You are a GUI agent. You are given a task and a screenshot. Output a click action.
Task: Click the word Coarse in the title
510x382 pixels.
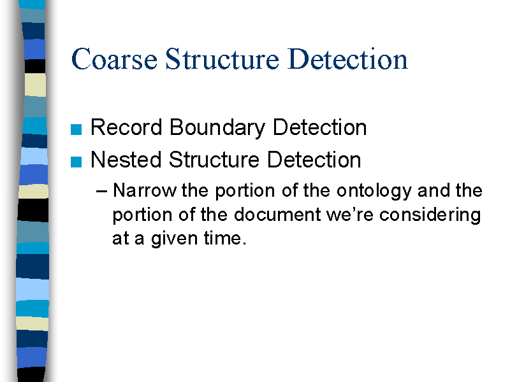point(114,59)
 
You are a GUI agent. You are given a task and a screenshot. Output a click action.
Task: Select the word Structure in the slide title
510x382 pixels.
point(222,59)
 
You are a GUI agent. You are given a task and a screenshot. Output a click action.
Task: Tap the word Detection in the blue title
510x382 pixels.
point(347,59)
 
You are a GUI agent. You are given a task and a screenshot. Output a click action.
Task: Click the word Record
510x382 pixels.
point(126,127)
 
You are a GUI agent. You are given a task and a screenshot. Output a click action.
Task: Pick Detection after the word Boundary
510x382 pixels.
point(320,127)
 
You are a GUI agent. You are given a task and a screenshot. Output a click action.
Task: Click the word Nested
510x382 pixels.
point(126,160)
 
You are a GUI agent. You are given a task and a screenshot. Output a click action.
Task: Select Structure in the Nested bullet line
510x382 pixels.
point(214,160)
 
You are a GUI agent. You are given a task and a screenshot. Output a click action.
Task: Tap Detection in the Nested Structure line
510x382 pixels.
point(314,160)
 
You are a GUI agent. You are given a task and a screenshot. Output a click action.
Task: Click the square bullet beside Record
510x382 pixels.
point(76,129)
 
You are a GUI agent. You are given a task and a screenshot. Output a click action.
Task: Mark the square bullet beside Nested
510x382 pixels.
point(76,162)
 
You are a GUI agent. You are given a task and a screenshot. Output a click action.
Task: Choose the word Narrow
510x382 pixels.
point(145,190)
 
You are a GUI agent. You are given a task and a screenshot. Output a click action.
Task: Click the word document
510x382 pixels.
point(277,215)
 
